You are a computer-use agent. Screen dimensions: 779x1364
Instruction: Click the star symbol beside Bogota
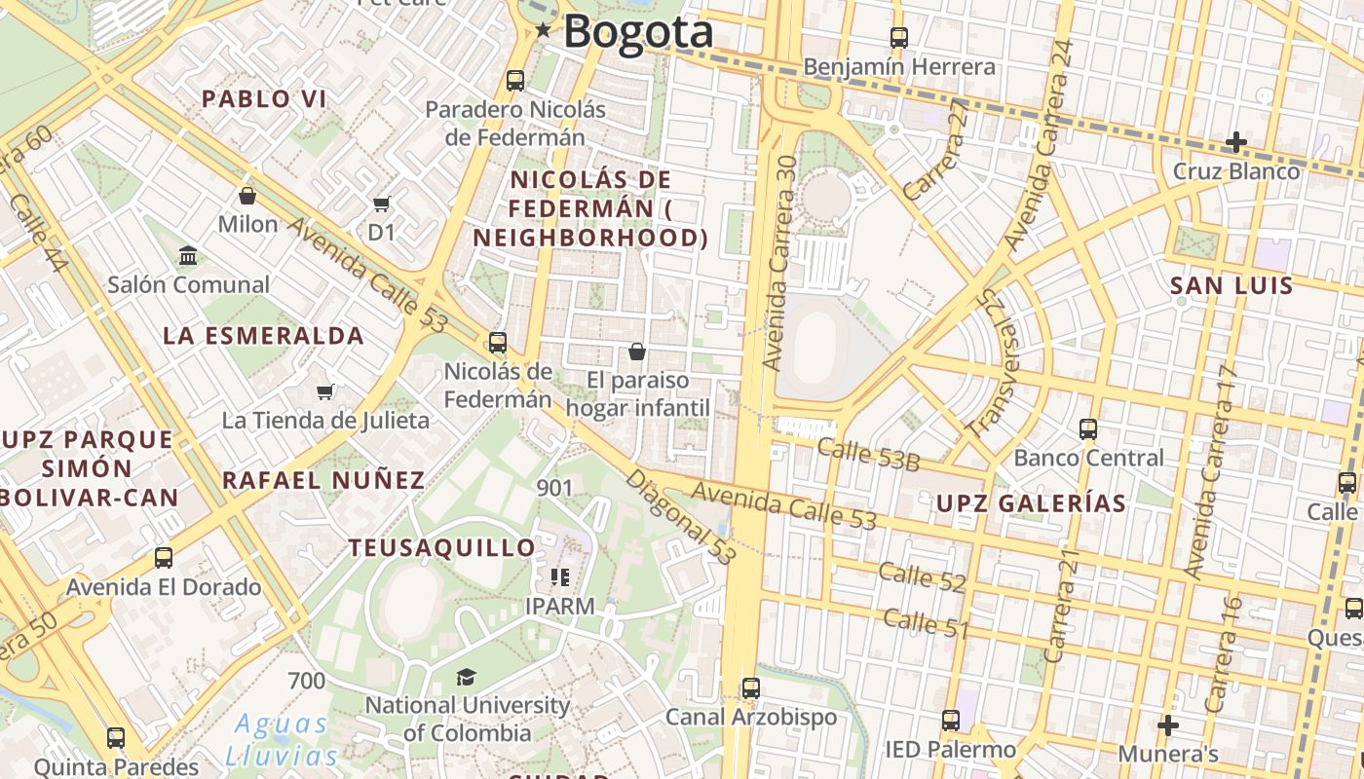(x=543, y=31)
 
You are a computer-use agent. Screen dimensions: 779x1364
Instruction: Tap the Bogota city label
(x=638, y=32)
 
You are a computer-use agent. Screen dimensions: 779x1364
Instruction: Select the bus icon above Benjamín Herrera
(x=898, y=38)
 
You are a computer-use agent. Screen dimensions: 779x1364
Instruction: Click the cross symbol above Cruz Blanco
(x=1235, y=142)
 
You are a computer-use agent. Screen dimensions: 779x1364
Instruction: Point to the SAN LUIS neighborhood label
(x=1231, y=286)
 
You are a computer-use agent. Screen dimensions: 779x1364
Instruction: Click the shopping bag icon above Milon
(x=247, y=196)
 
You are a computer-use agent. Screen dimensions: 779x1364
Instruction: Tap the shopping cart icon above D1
(x=381, y=204)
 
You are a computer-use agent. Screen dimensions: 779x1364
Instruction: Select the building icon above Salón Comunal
(x=188, y=256)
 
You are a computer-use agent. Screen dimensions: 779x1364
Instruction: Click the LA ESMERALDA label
(x=263, y=337)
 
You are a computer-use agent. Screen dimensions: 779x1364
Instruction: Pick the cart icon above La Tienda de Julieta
(x=324, y=391)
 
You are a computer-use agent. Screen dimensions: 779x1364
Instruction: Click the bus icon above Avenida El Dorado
(x=164, y=558)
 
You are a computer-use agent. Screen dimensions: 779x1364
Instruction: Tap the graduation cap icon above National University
(x=467, y=677)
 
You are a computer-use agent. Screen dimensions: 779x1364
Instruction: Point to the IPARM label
(x=559, y=606)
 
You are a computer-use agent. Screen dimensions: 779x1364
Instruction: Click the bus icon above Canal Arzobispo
(x=750, y=687)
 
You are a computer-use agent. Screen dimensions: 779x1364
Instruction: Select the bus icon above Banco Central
(x=1088, y=428)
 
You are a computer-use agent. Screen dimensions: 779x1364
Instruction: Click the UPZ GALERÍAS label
(x=1031, y=503)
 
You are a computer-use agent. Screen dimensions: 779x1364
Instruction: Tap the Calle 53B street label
(x=868, y=455)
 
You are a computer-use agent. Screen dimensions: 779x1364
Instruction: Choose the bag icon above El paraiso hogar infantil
(x=636, y=351)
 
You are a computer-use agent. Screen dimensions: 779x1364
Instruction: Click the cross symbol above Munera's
(x=1167, y=724)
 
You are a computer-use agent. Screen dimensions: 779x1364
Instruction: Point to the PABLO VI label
(x=263, y=98)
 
